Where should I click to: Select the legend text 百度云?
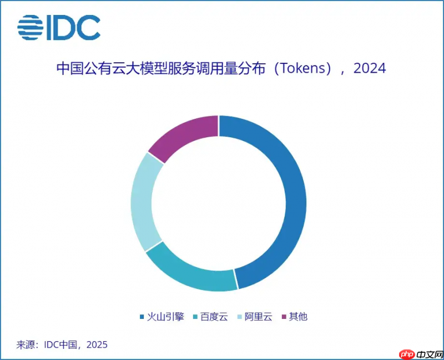pos(215,317)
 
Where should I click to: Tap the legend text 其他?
pos(299,317)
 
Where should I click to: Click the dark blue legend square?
pos(142,317)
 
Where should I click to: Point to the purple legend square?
pos(285,317)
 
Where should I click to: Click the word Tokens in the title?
pos(303,69)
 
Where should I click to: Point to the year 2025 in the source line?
pos(97,345)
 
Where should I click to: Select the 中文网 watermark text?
pos(428,353)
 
